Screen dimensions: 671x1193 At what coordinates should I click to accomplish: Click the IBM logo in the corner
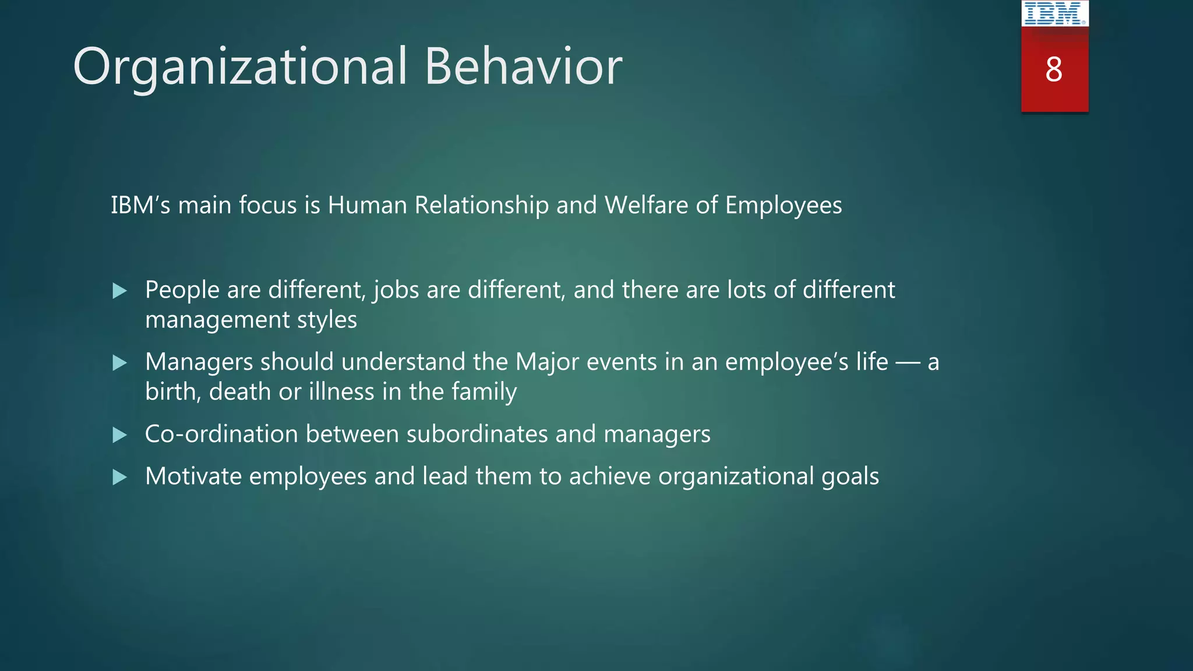(1054, 13)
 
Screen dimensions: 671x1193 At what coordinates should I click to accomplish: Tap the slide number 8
(1054, 70)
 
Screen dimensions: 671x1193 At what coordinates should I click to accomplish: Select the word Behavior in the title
(523, 66)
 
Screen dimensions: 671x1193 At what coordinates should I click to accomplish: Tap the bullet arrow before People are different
(119, 291)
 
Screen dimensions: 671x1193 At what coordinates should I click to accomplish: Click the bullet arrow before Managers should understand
(119, 363)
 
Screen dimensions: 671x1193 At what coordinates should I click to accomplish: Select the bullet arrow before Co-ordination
(119, 435)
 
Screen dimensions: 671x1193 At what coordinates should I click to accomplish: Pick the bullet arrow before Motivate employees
(119, 478)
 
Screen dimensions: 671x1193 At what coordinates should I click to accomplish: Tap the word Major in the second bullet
(547, 362)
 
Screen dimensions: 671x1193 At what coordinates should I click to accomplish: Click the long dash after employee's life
(908, 363)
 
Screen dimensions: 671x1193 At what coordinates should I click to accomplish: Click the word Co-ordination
(221, 434)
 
